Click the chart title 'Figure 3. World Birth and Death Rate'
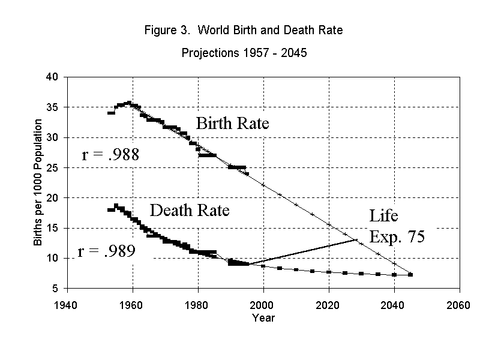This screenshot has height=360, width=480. [x=244, y=30]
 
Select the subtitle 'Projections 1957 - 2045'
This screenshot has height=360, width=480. [x=244, y=53]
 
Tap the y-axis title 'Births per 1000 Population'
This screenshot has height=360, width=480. [x=38, y=182]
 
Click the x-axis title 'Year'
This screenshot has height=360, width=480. [x=263, y=317]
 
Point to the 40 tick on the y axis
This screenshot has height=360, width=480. [x=52, y=77]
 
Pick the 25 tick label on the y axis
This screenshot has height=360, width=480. [x=52, y=168]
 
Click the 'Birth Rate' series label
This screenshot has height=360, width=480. [x=232, y=124]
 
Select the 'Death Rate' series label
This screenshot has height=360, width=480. [x=190, y=211]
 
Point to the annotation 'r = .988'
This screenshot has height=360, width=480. [x=110, y=156]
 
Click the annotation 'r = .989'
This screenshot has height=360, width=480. [x=107, y=251]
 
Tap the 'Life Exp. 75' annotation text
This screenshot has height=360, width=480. [x=397, y=226]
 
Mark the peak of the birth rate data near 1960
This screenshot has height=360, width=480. [x=128, y=103]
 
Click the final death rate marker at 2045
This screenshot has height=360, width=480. [x=410, y=275]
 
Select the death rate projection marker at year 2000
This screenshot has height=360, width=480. [x=263, y=266]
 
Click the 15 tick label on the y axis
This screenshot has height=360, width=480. [x=52, y=229]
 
